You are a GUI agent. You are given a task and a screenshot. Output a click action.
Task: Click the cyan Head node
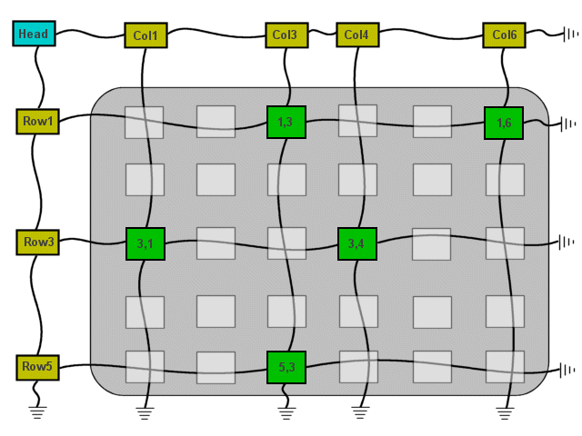click(34, 35)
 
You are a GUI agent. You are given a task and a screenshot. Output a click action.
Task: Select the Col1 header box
click(145, 36)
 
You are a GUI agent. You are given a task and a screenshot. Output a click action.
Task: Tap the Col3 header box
click(285, 35)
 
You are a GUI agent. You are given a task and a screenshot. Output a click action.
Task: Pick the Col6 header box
click(505, 35)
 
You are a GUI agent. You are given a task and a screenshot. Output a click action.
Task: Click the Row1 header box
click(38, 121)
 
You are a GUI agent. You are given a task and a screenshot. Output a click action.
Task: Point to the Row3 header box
click(38, 243)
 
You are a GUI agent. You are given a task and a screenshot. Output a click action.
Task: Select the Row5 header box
click(38, 367)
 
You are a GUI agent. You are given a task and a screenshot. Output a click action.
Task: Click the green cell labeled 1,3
click(286, 122)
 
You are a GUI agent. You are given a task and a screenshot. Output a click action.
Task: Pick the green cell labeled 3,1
click(145, 244)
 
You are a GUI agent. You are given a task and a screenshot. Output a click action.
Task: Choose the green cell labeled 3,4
click(357, 243)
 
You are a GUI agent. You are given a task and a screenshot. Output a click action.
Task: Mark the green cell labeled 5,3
click(286, 367)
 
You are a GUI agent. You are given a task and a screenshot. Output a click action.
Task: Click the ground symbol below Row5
click(37, 411)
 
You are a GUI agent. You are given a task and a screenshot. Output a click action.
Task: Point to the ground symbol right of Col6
click(570, 35)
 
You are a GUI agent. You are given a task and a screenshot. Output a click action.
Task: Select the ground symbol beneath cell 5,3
click(286, 413)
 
